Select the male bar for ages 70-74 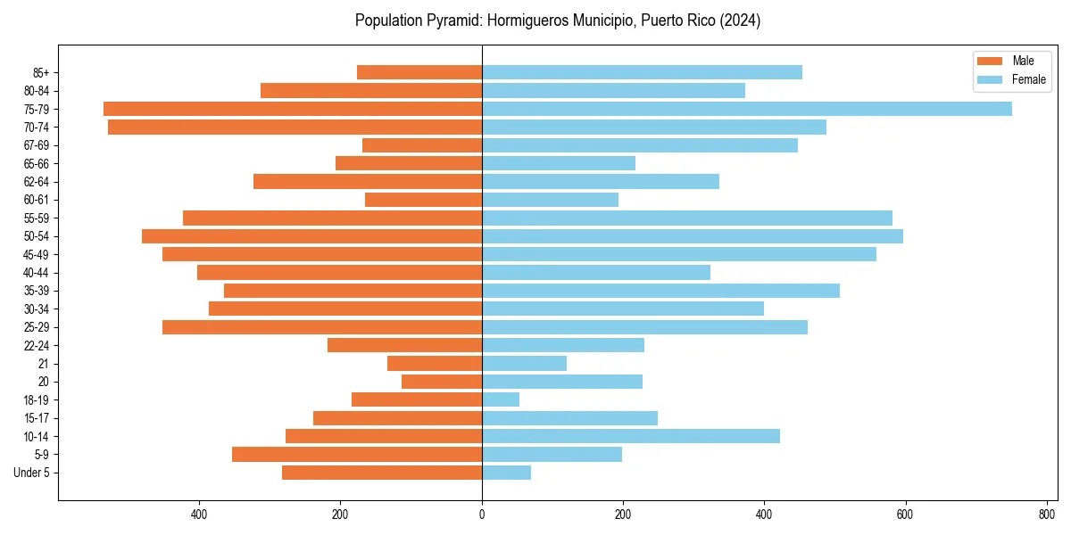point(295,127)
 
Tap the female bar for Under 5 point(506,473)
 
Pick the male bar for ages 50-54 point(311,236)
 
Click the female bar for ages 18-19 point(501,399)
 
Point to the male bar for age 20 point(442,382)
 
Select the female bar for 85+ point(642,72)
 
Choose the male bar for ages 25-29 point(322,327)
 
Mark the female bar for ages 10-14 point(630,436)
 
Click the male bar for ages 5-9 point(357,455)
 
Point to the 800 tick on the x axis point(1046,514)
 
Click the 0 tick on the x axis point(482,514)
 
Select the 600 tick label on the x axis point(905,514)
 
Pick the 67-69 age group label point(36,145)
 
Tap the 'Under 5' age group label point(31,473)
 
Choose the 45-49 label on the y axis point(36,254)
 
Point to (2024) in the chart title point(741,21)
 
